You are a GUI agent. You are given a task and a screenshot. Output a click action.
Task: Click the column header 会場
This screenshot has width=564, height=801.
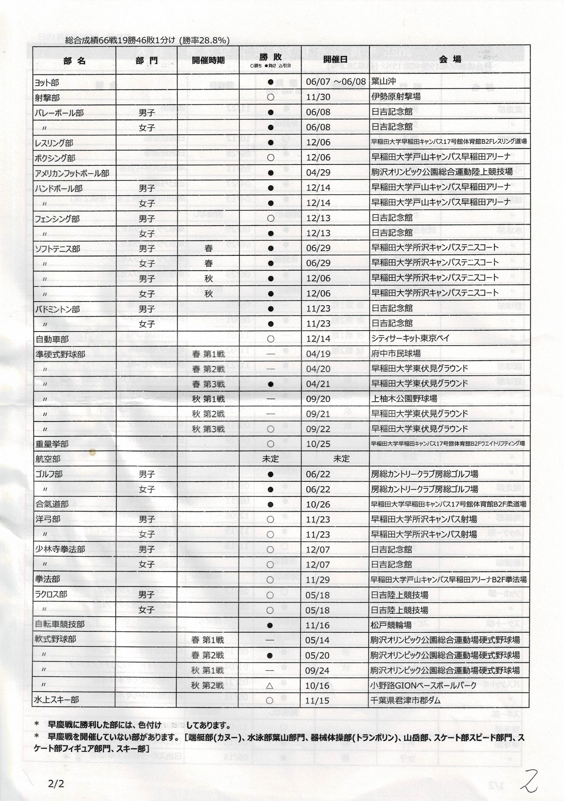pyautogui.click(x=450, y=60)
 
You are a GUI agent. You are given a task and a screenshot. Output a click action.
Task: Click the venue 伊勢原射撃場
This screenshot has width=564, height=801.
pyautogui.click(x=396, y=96)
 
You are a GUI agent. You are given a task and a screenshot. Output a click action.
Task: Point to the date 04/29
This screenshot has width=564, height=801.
pyautogui.click(x=318, y=172)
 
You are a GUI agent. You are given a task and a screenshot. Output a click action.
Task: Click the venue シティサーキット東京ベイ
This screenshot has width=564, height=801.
pyautogui.click(x=410, y=338)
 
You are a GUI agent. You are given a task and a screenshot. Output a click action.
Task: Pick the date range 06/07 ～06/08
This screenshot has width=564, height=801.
pyautogui.click(x=336, y=82)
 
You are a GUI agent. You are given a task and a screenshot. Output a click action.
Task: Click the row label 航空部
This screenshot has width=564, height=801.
pyautogui.click(x=47, y=459)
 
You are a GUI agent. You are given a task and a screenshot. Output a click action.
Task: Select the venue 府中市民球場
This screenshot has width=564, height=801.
pyautogui.click(x=396, y=353)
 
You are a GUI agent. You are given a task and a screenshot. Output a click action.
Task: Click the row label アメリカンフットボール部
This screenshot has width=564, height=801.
pyautogui.click(x=72, y=173)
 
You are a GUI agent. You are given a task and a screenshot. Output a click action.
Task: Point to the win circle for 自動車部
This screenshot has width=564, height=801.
pyautogui.click(x=270, y=339)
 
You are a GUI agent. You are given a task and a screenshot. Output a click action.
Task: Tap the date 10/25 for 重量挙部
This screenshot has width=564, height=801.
pyautogui.click(x=318, y=444)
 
